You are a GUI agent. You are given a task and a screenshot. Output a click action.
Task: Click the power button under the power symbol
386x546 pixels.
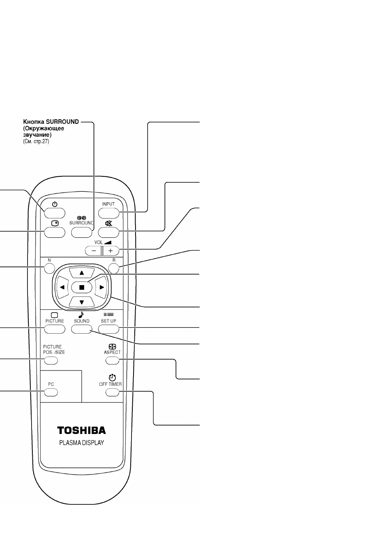point(55,213)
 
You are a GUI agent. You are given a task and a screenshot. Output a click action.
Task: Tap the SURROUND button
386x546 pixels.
point(81,233)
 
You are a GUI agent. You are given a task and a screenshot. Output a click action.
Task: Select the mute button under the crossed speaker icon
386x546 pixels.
point(108,233)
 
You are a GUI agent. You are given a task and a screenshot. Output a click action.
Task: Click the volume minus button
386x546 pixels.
point(93,251)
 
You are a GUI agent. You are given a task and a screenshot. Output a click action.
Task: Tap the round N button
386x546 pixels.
point(49,269)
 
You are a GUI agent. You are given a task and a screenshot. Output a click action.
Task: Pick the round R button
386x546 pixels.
point(114,269)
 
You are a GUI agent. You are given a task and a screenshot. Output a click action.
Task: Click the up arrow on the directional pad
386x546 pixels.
point(82,273)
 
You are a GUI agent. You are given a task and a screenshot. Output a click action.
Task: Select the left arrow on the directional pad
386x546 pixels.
point(62,288)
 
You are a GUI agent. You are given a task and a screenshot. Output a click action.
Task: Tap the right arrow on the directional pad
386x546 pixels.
point(101,288)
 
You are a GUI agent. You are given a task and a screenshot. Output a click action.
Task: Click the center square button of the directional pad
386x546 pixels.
point(82,288)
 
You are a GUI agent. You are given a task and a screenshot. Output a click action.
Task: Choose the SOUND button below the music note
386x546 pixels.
point(82,329)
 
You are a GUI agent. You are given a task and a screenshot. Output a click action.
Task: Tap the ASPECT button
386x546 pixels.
point(112,360)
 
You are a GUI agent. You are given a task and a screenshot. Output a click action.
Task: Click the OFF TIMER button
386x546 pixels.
point(112,392)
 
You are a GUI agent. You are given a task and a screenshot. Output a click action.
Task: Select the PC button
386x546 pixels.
point(51,392)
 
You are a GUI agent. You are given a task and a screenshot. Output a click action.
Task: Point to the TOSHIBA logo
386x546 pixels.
point(81,430)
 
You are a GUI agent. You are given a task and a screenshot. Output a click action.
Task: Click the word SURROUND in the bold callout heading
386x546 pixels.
point(62,122)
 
